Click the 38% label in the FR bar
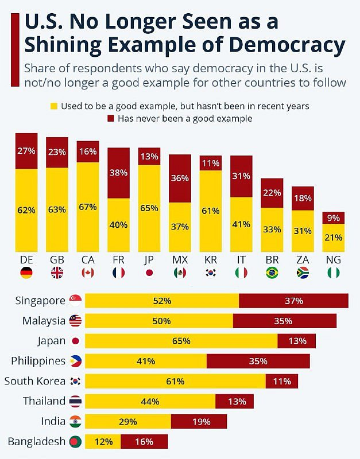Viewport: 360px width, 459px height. point(119,173)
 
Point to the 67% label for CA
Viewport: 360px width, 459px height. point(87,207)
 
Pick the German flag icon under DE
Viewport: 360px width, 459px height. point(26,273)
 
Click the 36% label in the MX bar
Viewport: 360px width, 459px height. point(180,178)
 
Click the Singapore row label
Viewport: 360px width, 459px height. point(40,301)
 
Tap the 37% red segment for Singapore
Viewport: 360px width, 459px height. point(293,301)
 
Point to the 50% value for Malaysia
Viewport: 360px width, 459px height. point(161,321)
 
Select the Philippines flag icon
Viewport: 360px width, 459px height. point(75,361)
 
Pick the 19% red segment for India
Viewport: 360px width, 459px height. point(199,421)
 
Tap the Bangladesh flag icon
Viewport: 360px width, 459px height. point(75,441)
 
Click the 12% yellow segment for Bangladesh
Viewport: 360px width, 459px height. point(103,441)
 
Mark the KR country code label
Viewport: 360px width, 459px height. point(211,259)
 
